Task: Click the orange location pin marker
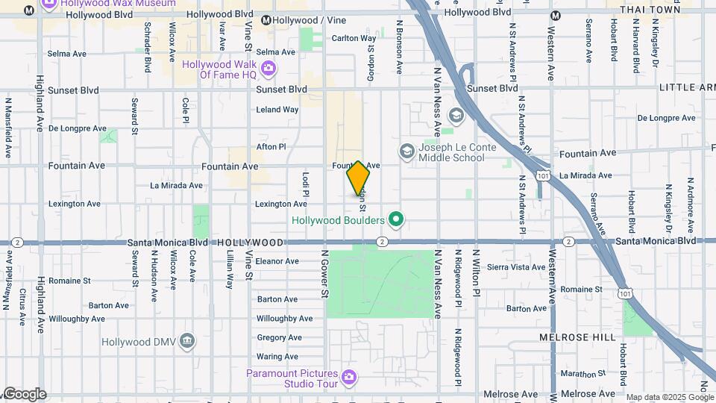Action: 358,178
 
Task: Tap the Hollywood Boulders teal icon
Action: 397,219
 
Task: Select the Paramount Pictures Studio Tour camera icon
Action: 349,378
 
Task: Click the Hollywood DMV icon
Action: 187,342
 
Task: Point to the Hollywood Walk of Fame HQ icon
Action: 268,69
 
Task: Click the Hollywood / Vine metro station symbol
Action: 266,20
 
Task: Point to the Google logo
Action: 24,394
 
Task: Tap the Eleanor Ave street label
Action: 277,261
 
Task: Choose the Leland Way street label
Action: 277,110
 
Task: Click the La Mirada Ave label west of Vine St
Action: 176,185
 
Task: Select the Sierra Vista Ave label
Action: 516,266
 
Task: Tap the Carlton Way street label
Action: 354,38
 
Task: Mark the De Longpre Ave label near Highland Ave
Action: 78,128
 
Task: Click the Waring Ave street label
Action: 277,357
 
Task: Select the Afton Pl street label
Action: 271,147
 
